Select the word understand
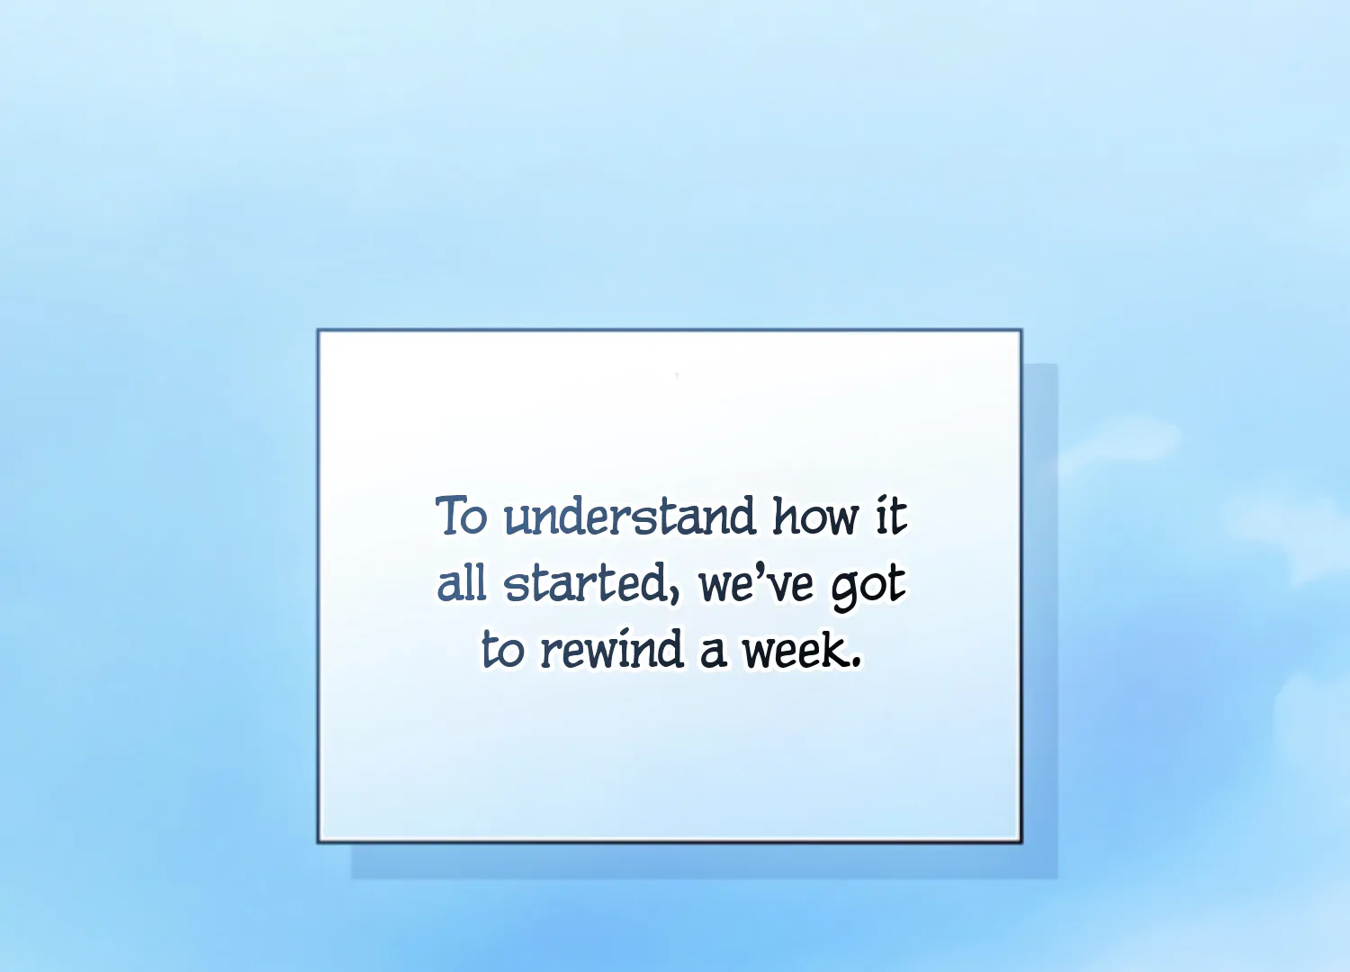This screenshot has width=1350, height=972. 629,516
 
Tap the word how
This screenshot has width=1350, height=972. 815,516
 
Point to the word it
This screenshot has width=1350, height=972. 891,516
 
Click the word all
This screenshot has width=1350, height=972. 461,582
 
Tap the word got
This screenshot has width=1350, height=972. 868,588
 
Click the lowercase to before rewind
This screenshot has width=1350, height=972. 502,650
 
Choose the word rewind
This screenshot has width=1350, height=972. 612,648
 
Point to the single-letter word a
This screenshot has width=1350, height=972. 713,653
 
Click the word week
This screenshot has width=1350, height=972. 795,650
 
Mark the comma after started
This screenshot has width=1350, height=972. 674,598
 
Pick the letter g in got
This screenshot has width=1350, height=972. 846,590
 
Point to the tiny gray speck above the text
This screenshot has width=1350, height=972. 677,374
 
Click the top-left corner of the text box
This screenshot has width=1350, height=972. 319,330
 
